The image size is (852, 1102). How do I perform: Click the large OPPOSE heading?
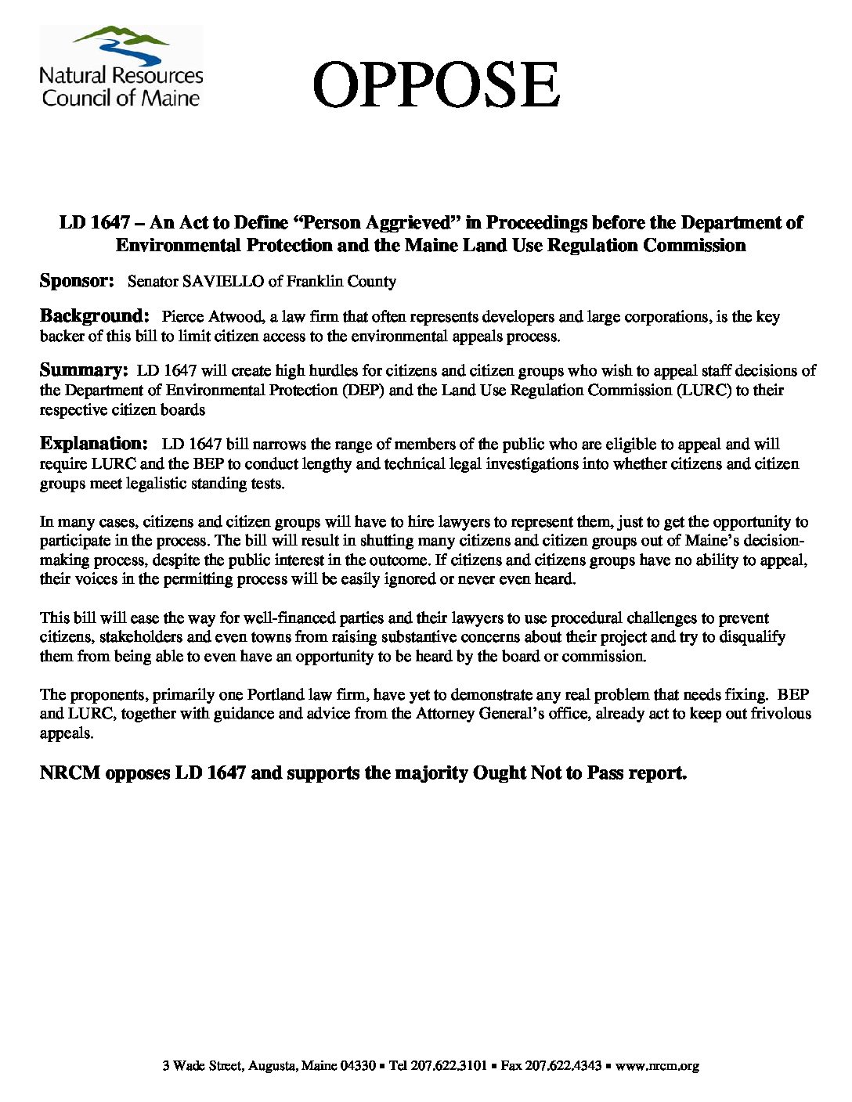pyautogui.click(x=436, y=85)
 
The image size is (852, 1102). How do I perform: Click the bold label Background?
pyautogui.click(x=94, y=316)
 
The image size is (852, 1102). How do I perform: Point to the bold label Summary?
pyautogui.click(x=84, y=370)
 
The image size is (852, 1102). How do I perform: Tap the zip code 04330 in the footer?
pyautogui.click(x=359, y=1065)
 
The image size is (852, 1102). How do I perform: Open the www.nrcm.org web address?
pyautogui.click(x=657, y=1065)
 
